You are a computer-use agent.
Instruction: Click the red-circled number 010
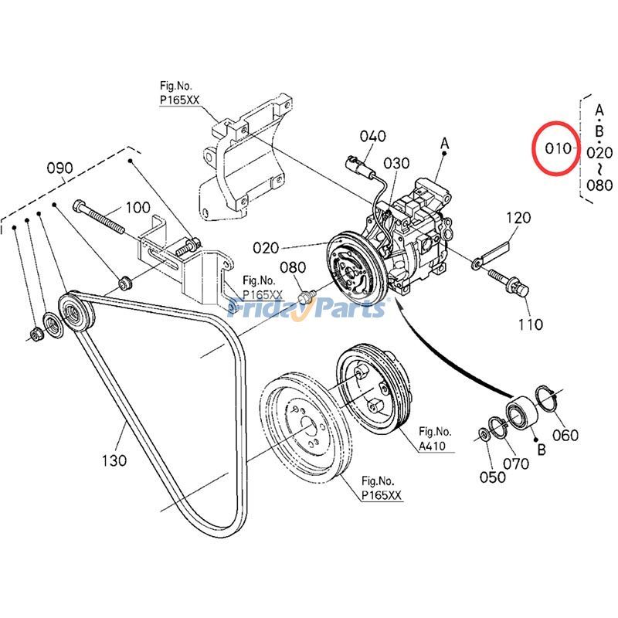(558, 148)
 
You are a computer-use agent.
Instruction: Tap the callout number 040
(372, 137)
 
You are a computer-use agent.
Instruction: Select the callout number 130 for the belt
(114, 460)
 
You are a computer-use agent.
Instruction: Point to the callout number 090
(60, 168)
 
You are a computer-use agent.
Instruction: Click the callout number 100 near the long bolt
(138, 207)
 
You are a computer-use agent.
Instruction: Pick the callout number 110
(531, 324)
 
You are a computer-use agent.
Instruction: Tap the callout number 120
(518, 218)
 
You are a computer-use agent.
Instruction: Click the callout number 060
(565, 435)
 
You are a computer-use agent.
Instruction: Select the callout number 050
(492, 477)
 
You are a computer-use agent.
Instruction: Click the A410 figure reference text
(432, 447)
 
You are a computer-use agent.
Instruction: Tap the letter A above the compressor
(445, 143)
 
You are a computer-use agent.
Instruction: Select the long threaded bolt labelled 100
(99, 217)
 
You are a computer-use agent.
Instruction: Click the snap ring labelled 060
(546, 399)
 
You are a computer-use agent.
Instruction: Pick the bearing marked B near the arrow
(521, 413)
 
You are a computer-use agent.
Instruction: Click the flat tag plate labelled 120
(491, 256)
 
